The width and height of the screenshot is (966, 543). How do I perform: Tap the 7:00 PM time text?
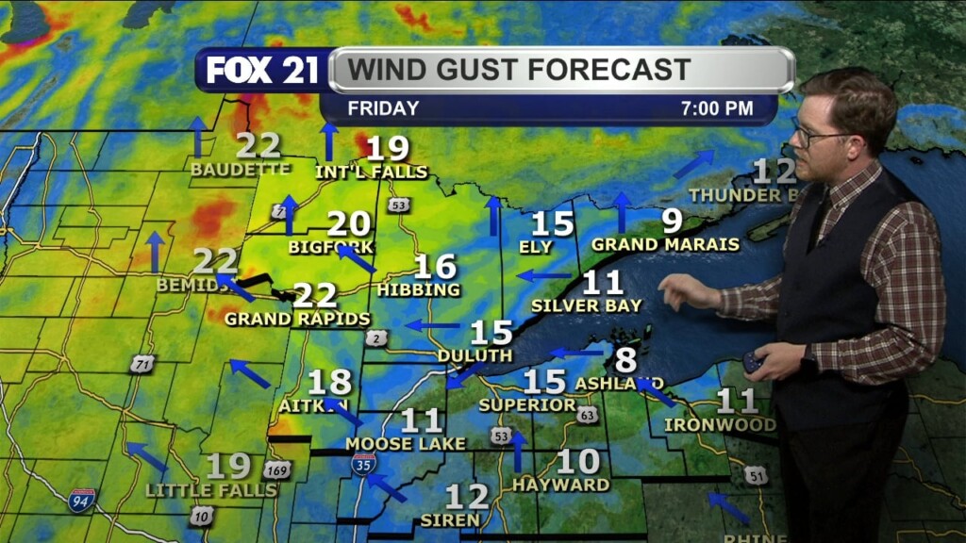click(717, 108)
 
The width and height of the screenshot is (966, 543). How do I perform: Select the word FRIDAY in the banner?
click(383, 108)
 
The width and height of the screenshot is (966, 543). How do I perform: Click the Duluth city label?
click(475, 355)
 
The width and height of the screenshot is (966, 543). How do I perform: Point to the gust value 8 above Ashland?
click(625, 359)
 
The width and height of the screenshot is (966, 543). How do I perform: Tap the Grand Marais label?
click(665, 244)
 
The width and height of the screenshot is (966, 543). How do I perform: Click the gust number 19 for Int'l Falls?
click(387, 148)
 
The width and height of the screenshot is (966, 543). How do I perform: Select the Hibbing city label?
click(417, 289)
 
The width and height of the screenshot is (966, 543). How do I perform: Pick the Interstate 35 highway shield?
click(364, 463)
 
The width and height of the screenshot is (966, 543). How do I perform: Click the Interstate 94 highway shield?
click(82, 500)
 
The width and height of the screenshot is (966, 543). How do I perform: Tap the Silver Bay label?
click(586, 305)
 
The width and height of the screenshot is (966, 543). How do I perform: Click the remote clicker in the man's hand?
click(754, 362)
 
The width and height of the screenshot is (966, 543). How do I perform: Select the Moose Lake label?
click(406, 443)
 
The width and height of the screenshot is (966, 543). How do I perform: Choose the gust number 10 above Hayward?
click(578, 462)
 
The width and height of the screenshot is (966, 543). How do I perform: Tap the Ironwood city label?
click(720, 424)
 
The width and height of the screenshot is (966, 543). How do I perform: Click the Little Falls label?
click(211, 490)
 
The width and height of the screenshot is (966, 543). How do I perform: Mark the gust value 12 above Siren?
click(466, 497)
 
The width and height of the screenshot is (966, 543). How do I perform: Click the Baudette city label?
click(240, 170)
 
